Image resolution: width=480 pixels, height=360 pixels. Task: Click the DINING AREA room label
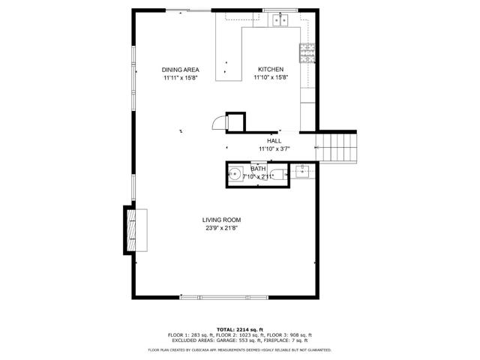[180, 70]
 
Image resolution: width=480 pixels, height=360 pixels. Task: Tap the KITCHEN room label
[271, 70]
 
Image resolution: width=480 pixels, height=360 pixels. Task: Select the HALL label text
[274, 140]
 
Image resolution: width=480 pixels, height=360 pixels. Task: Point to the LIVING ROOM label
[221, 220]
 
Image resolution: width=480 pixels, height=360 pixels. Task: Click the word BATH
[258, 169]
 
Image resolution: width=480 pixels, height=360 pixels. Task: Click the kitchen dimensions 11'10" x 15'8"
[271, 78]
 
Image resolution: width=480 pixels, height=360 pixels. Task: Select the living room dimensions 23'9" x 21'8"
[221, 228]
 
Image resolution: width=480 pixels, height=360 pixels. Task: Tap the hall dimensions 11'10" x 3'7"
[274, 148]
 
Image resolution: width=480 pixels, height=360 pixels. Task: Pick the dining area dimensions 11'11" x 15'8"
[180, 78]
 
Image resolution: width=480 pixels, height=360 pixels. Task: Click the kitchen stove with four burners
[307, 52]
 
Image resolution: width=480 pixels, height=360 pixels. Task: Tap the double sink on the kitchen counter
[282, 20]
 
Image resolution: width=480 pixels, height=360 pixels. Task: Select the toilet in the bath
[277, 175]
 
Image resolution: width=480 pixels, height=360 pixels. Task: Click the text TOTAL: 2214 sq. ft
[240, 329]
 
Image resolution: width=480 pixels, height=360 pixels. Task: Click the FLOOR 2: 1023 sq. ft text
[240, 334]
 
